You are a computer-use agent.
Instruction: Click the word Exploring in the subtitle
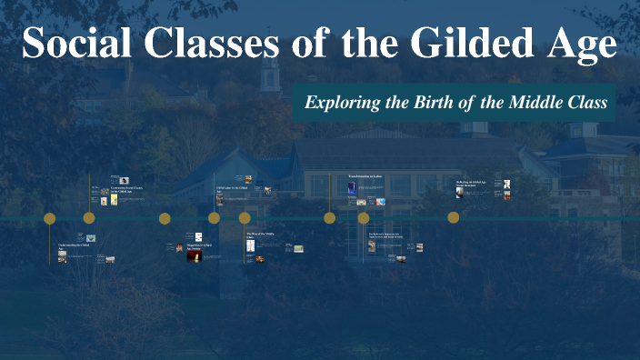click(342, 103)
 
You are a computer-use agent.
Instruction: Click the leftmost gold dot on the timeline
click(50, 218)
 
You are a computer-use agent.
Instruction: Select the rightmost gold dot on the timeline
click(454, 218)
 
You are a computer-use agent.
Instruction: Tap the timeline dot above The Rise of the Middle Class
click(245, 218)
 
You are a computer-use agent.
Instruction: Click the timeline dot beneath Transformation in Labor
click(330, 218)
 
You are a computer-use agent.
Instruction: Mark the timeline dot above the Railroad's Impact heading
click(364, 218)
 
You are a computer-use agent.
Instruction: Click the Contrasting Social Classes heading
click(126, 190)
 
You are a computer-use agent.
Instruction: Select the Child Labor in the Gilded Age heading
click(231, 188)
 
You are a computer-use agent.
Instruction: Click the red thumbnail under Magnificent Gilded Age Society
click(193, 256)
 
